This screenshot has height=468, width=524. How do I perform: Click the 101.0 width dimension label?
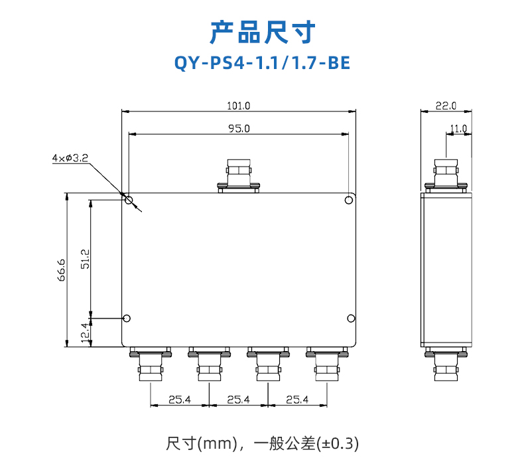pos(239,106)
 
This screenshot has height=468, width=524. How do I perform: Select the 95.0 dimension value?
pos(239,129)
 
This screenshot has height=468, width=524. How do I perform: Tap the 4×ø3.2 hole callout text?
pos(70,158)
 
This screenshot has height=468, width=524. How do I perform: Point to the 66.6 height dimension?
pos(61,270)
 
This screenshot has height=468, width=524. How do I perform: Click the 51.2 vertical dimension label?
pos(85,259)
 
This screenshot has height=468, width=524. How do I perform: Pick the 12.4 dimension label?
pos(85,333)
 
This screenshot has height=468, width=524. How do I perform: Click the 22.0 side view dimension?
pos(446,106)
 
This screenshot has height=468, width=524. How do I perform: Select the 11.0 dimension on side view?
pos(458,129)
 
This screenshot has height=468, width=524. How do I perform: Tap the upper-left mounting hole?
pos(129,200)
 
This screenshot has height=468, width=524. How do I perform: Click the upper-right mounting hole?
pos(348,200)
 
